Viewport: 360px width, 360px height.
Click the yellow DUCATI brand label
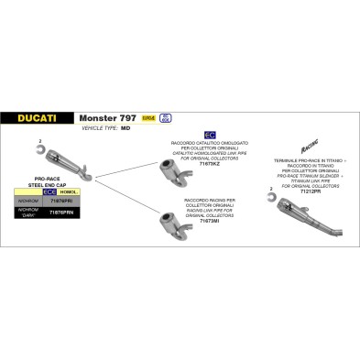coord(49,117)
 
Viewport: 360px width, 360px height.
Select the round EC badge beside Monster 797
coord(191,118)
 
